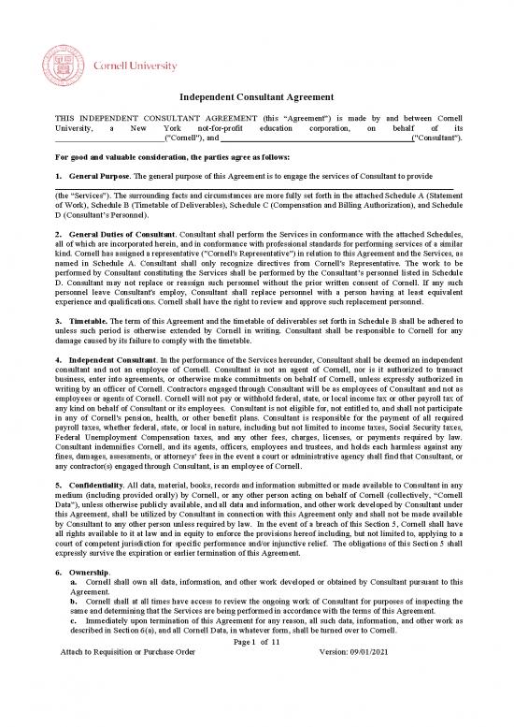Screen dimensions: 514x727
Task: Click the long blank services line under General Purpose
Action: coord(257,189)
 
